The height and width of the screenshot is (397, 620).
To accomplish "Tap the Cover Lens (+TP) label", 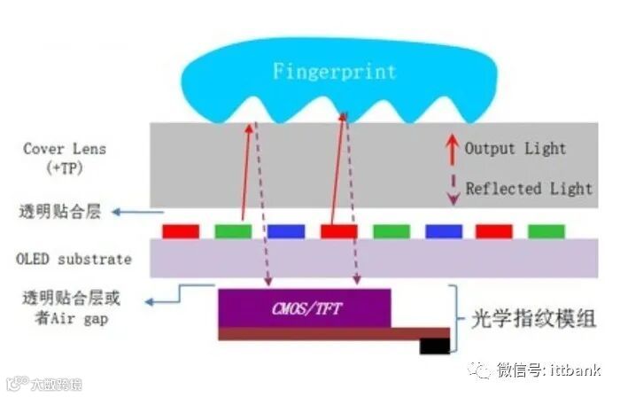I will point(56,157).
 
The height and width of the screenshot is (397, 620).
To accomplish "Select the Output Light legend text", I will point(515,148).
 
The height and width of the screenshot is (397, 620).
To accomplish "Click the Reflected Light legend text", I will point(529,188).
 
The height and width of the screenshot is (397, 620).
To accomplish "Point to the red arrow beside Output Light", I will point(451,148).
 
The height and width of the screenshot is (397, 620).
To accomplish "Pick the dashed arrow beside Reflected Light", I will point(451,188).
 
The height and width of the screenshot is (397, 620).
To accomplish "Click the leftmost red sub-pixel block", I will point(180,231).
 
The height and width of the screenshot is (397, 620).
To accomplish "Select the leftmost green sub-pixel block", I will point(233,231).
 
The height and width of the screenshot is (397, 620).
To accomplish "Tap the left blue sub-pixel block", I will point(285,231).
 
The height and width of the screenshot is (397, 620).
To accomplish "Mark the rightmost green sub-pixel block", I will point(546,231).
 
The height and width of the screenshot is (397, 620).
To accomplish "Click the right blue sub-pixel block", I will point(443,231).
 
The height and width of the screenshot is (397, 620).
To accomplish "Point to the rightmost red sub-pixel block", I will point(494,231).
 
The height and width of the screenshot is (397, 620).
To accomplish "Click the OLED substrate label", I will point(74,260).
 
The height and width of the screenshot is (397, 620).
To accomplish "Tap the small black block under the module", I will point(433,346).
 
